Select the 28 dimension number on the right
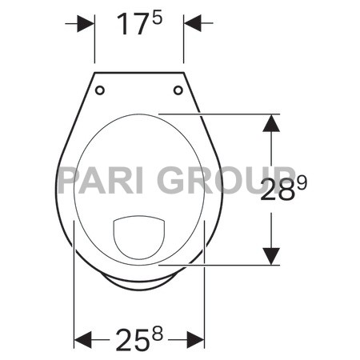279,191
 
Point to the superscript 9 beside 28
302,183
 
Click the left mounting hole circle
100,90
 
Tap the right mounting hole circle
178,90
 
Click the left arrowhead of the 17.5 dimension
86,24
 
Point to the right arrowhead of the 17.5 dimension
194,24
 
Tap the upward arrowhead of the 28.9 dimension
272,123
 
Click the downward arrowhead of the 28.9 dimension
272,255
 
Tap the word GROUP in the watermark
217,181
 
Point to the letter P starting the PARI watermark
68,181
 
